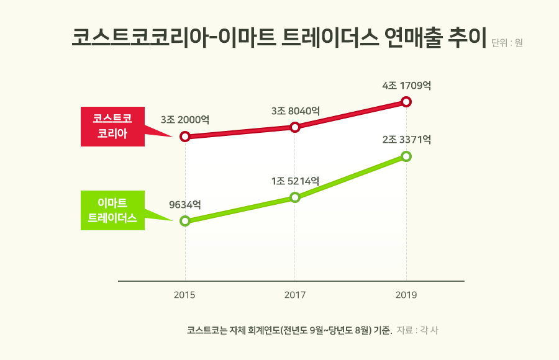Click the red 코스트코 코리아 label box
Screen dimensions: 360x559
112,126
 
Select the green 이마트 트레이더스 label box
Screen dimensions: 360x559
112,210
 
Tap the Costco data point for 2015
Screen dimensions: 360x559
184,137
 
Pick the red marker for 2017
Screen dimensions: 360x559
295,127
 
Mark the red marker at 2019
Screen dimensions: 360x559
406,101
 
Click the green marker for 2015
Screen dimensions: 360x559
184,221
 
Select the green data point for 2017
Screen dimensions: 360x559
295,197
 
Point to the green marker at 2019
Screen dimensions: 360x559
406,156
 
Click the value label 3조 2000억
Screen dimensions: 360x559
184,119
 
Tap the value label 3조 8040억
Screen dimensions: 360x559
296,110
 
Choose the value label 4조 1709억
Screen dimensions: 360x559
406,85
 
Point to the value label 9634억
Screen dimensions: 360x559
184,204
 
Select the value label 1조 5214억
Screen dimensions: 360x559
296,181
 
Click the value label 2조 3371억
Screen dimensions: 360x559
406,140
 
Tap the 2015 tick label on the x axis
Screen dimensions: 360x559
184,295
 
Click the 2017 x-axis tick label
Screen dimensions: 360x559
295,295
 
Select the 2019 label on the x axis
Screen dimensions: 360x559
406,295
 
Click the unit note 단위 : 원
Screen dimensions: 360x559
507,43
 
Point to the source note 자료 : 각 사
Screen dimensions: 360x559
417,330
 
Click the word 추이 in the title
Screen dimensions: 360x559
466,37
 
